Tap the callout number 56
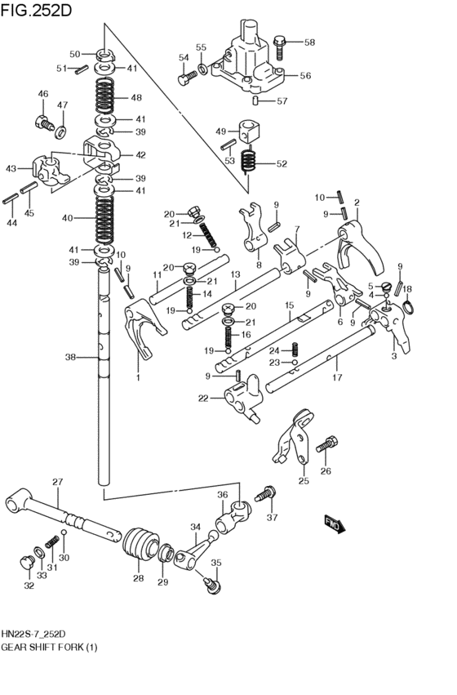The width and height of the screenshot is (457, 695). pyautogui.click(x=304, y=75)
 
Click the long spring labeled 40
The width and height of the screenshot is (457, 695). pyautogui.click(x=105, y=218)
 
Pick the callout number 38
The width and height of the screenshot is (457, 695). pyautogui.click(x=70, y=357)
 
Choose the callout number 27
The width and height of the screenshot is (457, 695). pyautogui.click(x=57, y=483)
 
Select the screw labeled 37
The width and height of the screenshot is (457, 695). pyautogui.click(x=264, y=495)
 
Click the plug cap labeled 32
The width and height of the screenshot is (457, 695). pyautogui.click(x=26, y=562)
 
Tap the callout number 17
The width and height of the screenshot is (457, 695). pyautogui.click(x=337, y=379)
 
